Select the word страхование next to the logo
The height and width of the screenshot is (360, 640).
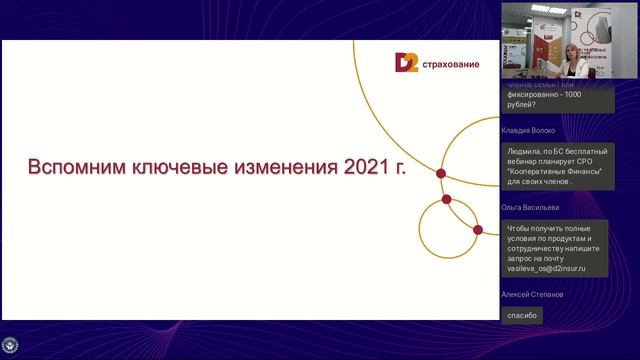(449, 65)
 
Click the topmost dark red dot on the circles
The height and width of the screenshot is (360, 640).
(441, 173)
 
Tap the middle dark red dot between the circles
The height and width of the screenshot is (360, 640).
(447, 199)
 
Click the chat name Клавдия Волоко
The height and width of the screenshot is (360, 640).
(527, 131)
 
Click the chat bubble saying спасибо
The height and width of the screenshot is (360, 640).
(523, 315)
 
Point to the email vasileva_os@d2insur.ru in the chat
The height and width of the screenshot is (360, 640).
(546, 269)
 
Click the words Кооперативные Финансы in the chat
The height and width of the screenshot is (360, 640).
(556, 173)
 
